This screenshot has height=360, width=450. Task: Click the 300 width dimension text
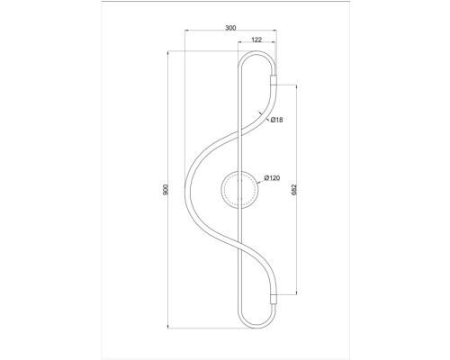[x=230, y=29]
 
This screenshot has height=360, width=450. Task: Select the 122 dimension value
[x=256, y=40]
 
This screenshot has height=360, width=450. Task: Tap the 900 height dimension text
[x=163, y=191]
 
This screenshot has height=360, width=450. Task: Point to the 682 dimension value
[x=293, y=191]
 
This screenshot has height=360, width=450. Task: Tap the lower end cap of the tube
[x=274, y=296]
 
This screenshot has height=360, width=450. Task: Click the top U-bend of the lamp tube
[x=256, y=56]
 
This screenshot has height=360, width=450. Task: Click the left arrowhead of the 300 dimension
[x=186, y=34]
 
